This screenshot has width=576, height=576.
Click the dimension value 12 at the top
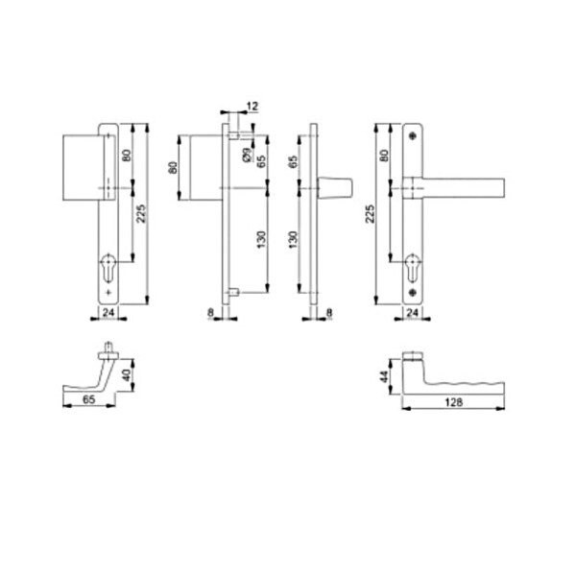tap(252, 107)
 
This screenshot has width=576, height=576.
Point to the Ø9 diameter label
tap(248, 155)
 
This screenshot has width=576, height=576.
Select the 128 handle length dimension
tap(454, 402)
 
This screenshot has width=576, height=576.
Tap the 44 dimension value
tap(384, 376)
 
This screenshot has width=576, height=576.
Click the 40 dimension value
tap(126, 375)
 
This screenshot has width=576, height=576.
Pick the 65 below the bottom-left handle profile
tap(88, 399)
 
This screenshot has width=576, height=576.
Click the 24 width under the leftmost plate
tap(108, 313)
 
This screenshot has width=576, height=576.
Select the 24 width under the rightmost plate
tap(412, 313)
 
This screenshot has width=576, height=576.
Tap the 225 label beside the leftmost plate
tap(141, 214)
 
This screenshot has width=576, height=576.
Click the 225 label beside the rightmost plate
tap(371, 214)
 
